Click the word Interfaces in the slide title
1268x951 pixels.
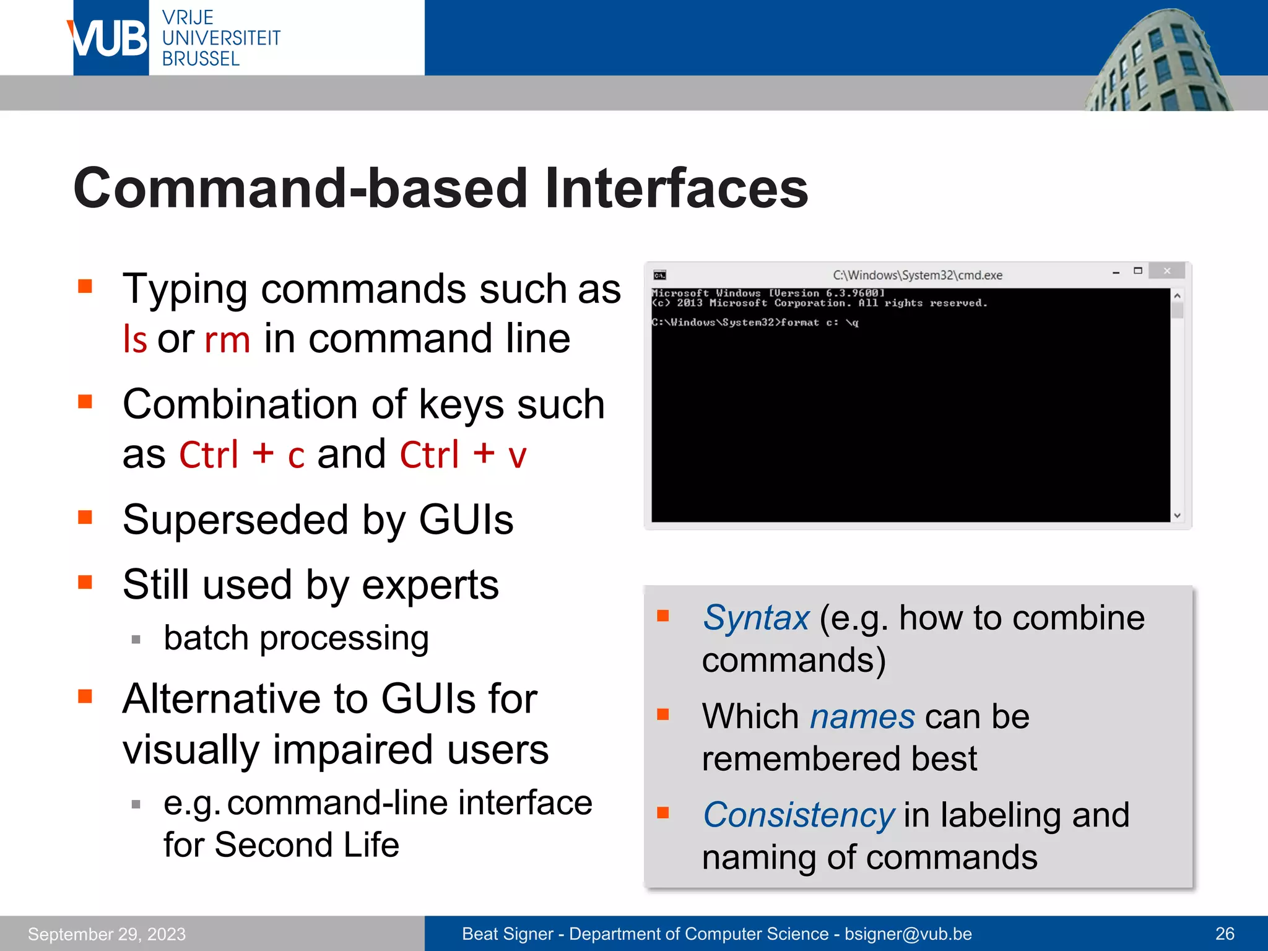676,189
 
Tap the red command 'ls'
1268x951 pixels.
135,339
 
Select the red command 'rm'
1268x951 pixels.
227,339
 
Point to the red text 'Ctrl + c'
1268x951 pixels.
242,454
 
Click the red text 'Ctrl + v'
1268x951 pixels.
463,454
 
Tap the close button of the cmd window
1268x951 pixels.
1166,271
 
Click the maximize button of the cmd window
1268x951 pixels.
1138,271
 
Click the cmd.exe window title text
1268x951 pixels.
917,275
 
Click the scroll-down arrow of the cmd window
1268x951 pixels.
1177,515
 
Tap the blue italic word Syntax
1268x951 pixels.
755,618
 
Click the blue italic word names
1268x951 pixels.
862,717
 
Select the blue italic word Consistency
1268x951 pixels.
799,815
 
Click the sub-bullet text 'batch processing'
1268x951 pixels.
296,638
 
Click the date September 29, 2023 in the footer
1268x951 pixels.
106,934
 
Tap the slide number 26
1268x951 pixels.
1225,934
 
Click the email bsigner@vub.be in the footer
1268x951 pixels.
908,934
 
